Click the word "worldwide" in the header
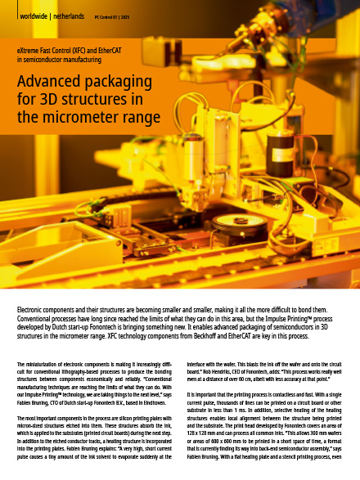pos(34,16)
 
